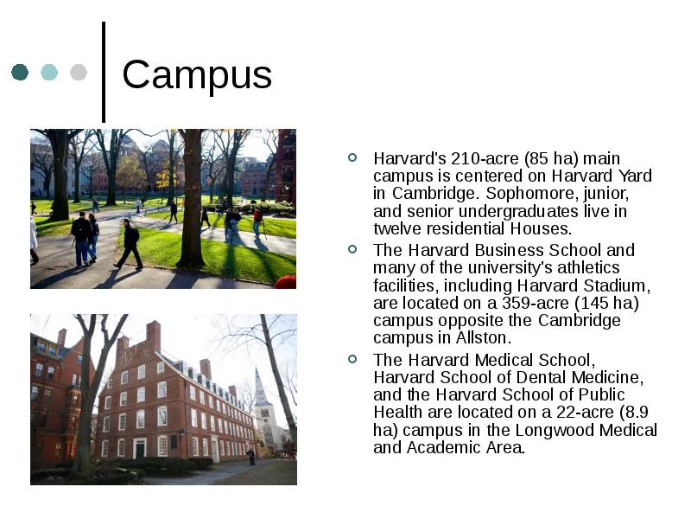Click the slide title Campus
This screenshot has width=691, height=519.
point(197,75)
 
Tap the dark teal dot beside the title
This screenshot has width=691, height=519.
point(20,72)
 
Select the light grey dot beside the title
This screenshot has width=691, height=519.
point(79,72)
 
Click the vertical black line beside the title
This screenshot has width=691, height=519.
point(104,72)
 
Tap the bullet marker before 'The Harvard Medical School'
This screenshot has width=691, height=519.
point(352,359)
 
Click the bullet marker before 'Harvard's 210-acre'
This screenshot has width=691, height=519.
point(352,157)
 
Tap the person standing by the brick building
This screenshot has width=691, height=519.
point(251,457)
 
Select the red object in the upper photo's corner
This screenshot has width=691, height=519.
point(287,282)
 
